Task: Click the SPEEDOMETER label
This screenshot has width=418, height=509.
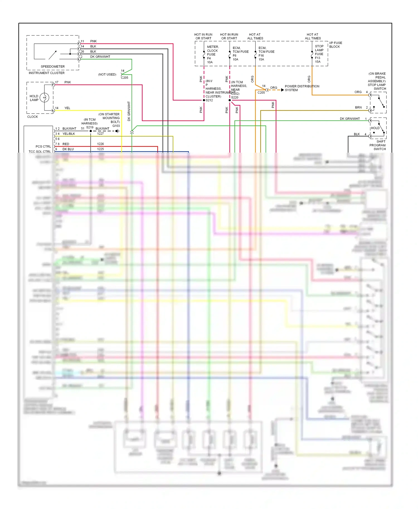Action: (x=53, y=67)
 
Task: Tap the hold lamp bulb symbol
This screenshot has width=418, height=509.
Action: (x=45, y=97)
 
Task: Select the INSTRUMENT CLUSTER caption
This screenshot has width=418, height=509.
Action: (x=47, y=73)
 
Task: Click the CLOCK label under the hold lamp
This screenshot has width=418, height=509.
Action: (x=33, y=117)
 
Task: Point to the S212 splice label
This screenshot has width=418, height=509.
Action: (x=209, y=100)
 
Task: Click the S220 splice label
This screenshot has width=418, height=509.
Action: (x=235, y=97)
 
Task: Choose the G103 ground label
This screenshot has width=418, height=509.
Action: (x=116, y=126)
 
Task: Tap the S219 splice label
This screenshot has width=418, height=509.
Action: (x=90, y=127)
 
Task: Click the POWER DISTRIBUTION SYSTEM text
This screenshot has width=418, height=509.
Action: (x=302, y=88)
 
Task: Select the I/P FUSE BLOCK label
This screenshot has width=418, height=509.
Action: (x=336, y=45)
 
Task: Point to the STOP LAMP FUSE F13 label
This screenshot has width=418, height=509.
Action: (x=319, y=54)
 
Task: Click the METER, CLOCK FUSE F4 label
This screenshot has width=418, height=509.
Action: (x=213, y=54)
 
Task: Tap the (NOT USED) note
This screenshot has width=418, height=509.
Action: (x=107, y=75)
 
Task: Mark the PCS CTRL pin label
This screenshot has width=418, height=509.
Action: (x=43, y=146)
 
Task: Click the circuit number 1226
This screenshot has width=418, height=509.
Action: (x=100, y=144)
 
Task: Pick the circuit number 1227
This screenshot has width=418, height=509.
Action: (x=100, y=134)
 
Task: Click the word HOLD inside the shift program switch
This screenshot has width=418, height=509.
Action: (x=375, y=128)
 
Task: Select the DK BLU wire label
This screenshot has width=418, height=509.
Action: (x=68, y=149)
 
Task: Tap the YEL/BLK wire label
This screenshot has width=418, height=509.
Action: (x=69, y=134)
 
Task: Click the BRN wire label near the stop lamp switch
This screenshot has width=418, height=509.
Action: (x=358, y=107)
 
